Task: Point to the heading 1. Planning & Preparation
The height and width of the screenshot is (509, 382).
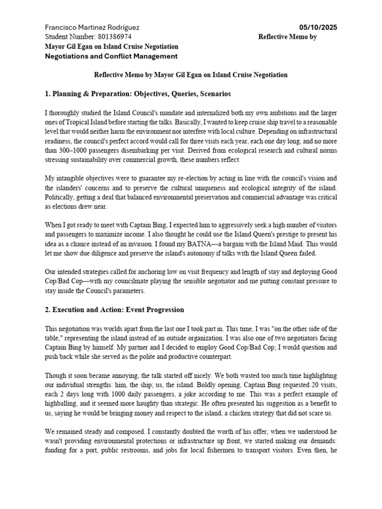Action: click(131, 93)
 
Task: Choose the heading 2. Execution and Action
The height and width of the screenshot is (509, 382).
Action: click(114, 310)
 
